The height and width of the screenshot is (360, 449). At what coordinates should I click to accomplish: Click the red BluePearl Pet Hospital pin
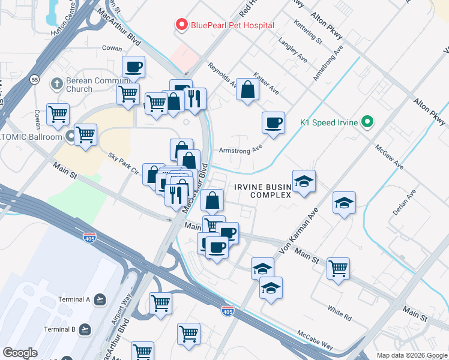pyautogui.click(x=181, y=25)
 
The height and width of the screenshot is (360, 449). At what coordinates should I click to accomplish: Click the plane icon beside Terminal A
pyautogui.click(x=100, y=299)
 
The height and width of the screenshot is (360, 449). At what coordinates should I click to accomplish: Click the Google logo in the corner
pyautogui.click(x=20, y=352)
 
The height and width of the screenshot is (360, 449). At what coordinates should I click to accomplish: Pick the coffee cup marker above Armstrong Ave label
pyautogui.click(x=273, y=123)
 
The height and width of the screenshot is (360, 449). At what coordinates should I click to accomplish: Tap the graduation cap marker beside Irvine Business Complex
pyautogui.click(x=304, y=181)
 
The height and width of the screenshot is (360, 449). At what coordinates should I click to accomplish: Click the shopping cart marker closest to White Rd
pyautogui.click(x=339, y=268)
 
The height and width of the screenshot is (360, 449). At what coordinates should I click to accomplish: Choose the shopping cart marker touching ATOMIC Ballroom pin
pyautogui.click(x=85, y=134)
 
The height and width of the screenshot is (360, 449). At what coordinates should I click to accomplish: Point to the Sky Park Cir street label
pyautogui.click(x=123, y=163)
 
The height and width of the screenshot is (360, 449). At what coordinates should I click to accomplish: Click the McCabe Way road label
pyautogui.click(x=315, y=340)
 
